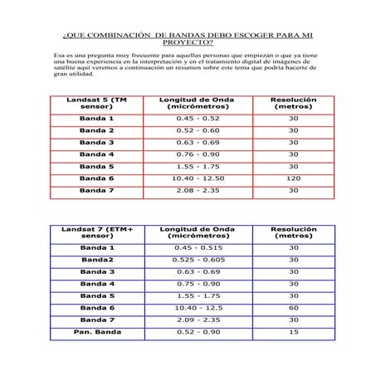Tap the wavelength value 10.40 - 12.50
(x=198, y=178)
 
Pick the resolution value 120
(x=293, y=178)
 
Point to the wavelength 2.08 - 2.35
(x=198, y=190)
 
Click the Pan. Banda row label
(x=96, y=332)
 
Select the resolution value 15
(x=293, y=332)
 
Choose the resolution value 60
(x=293, y=308)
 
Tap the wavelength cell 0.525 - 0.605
(x=198, y=260)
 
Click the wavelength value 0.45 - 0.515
(x=198, y=247)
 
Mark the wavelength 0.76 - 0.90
(x=198, y=154)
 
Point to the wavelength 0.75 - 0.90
(x=198, y=284)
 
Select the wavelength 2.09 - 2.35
(x=198, y=320)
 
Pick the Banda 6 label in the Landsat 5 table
(x=96, y=178)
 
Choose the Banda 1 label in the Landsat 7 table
(x=96, y=247)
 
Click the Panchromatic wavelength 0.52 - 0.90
(x=198, y=332)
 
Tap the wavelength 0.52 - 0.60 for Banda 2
(x=198, y=130)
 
